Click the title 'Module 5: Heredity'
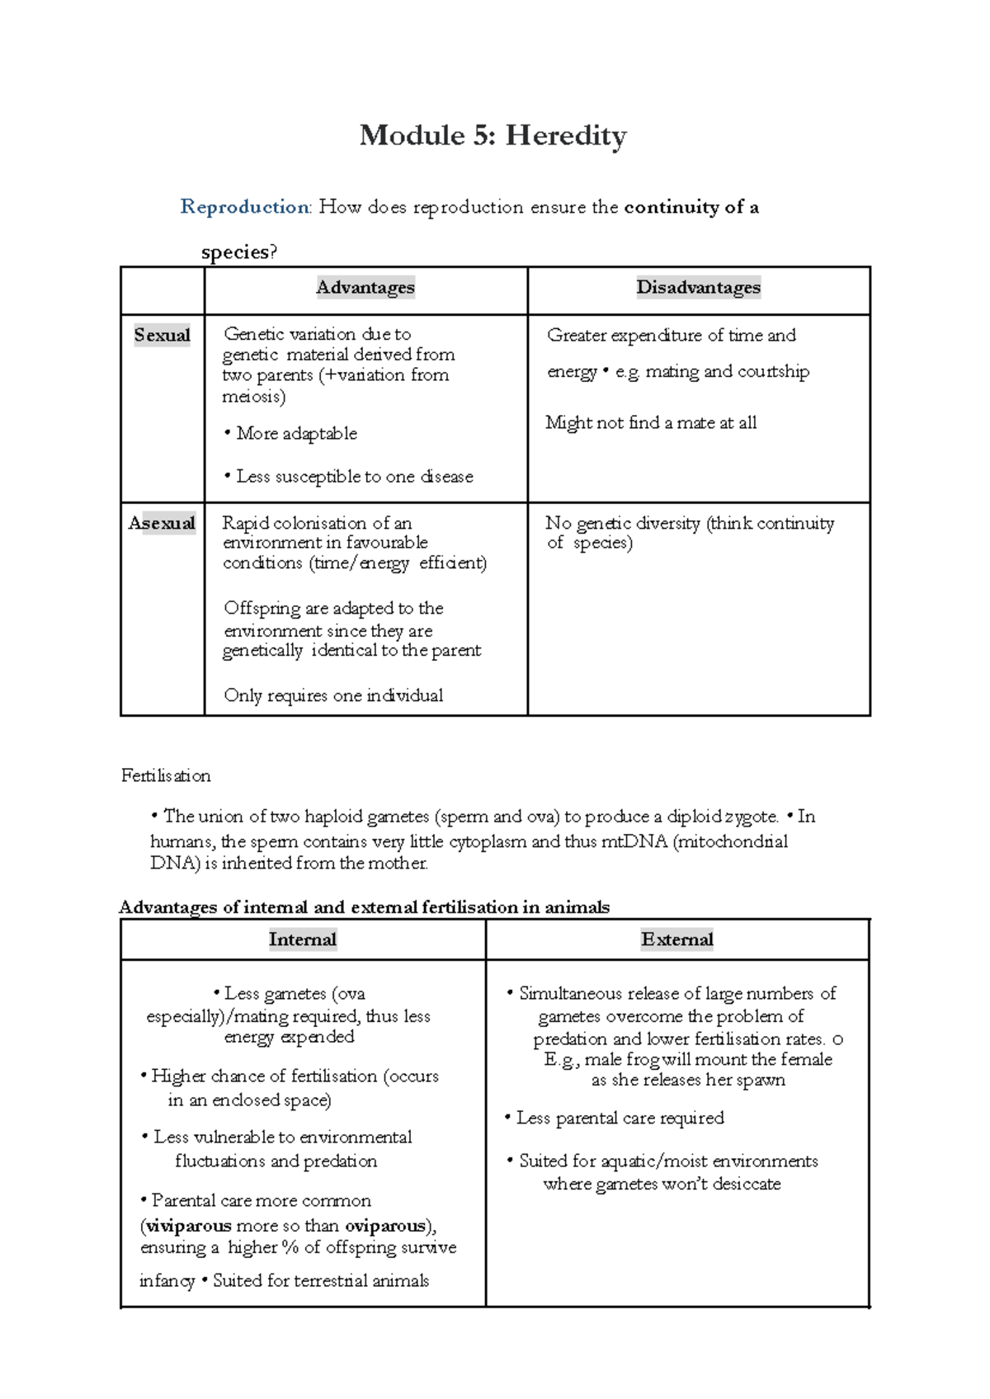493,135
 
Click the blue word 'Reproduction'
245,207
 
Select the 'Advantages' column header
365,288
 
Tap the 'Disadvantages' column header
698,288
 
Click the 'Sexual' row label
163,335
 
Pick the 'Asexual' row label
163,523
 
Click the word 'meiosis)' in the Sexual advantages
254,397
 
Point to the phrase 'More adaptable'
296,434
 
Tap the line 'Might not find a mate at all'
651,423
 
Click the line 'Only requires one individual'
333,695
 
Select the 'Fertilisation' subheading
166,775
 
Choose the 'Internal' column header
303,940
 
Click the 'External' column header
677,940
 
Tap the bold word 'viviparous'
188,1226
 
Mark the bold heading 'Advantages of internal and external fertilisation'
363,907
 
